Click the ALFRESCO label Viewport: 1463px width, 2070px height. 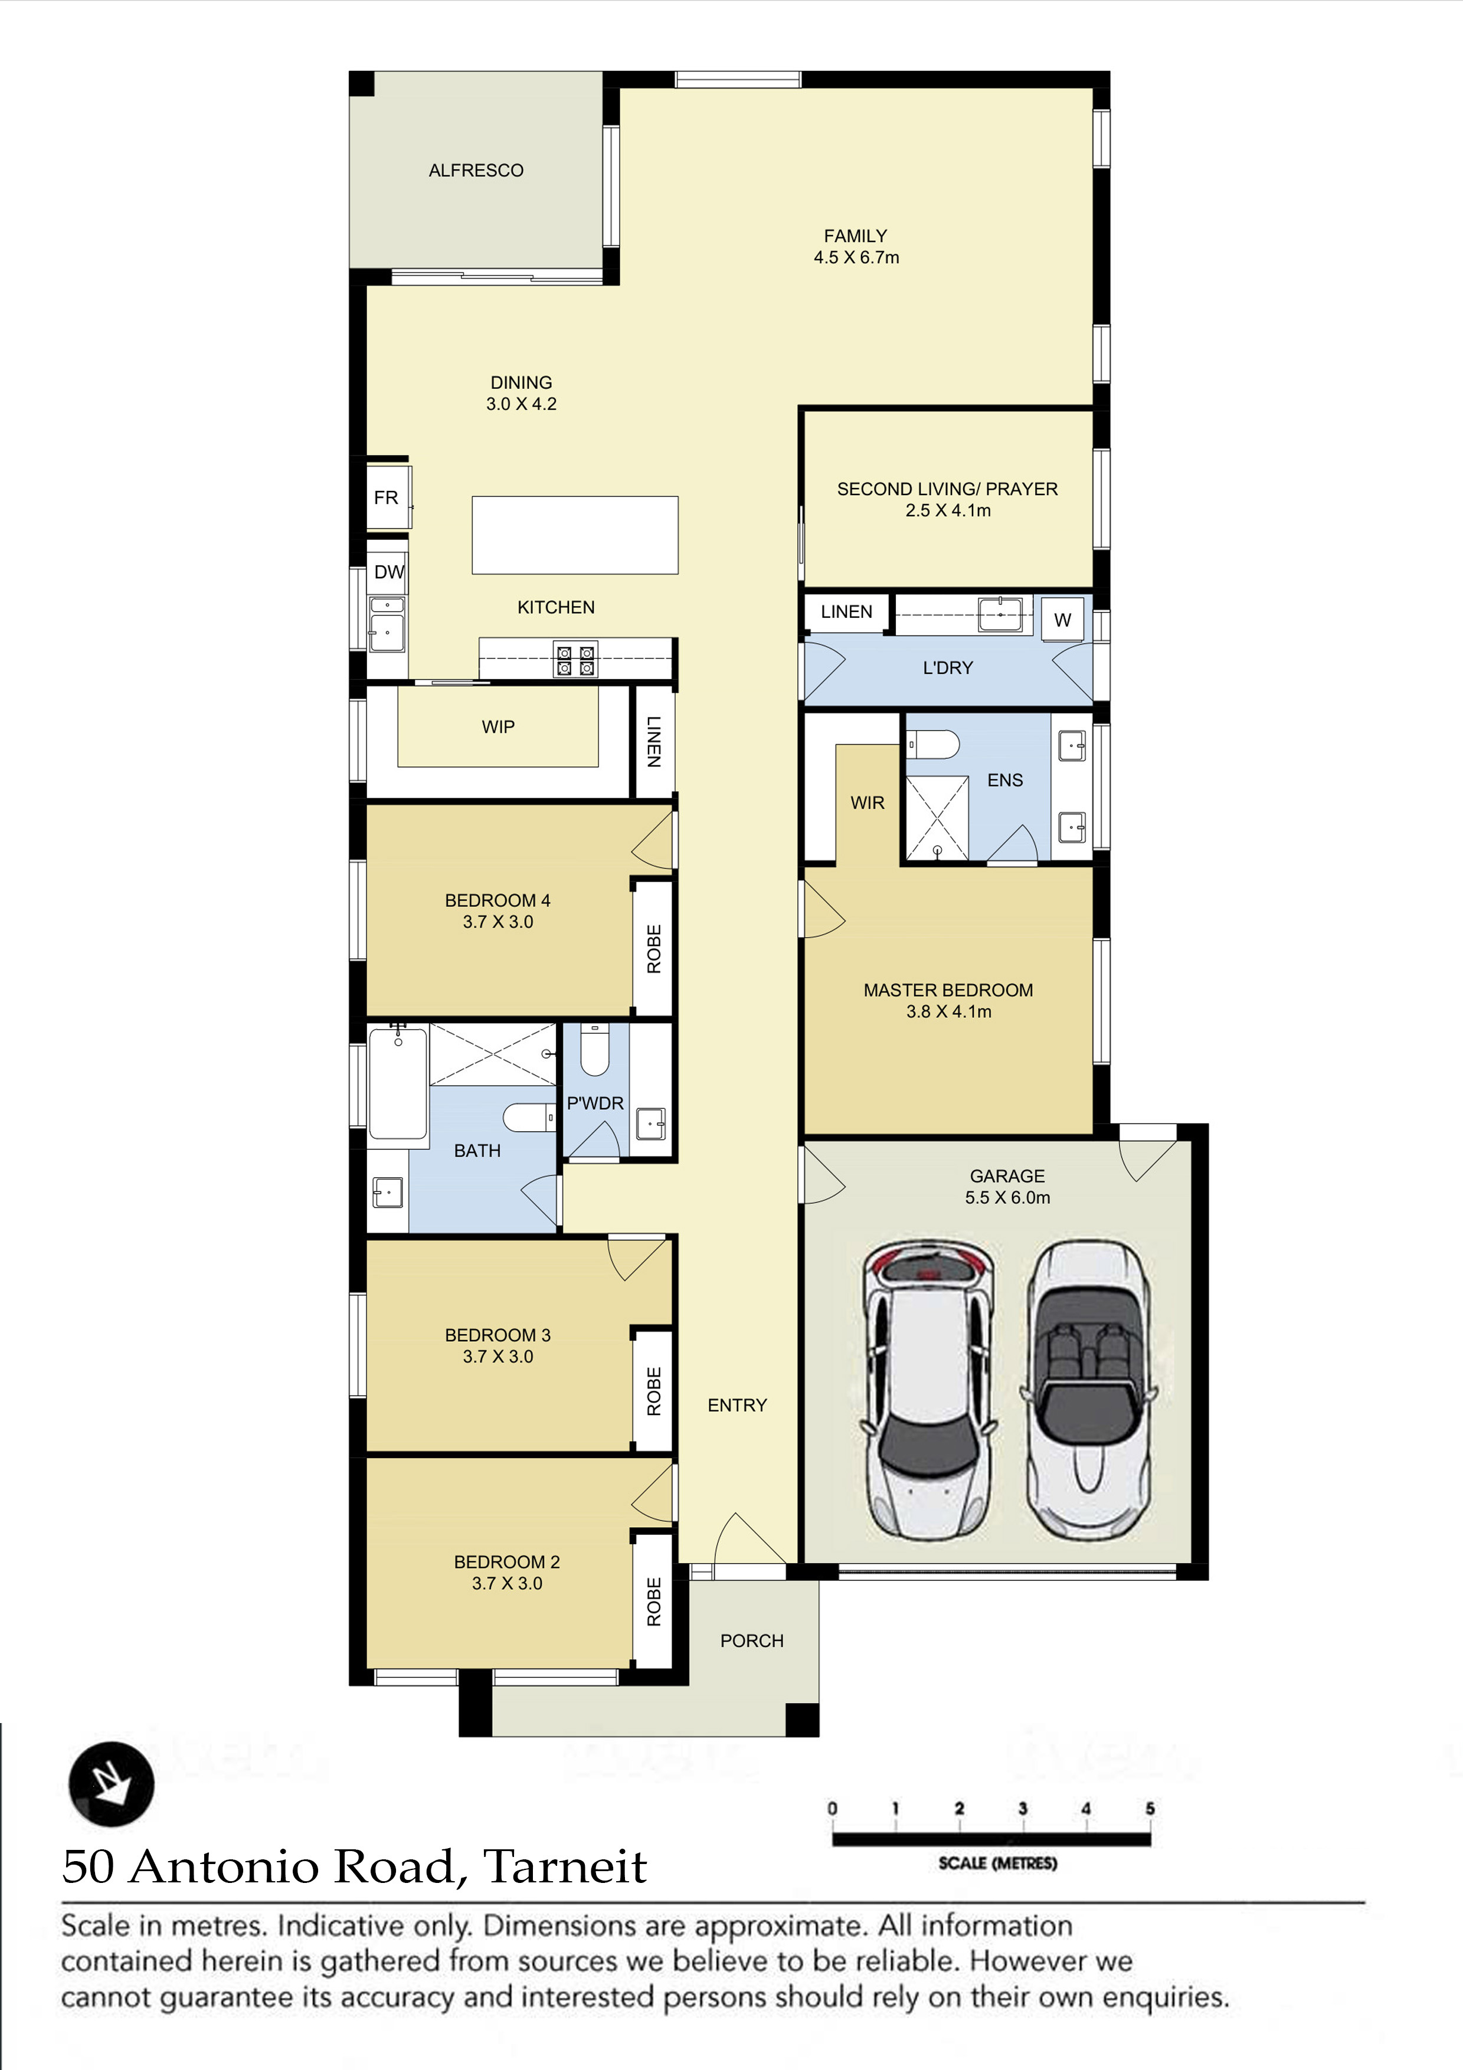pos(476,171)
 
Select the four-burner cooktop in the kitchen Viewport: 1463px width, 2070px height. pos(575,660)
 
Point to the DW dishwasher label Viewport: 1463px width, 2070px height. pos(390,572)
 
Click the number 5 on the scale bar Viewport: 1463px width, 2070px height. pos(1150,1809)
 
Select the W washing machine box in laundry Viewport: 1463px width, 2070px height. pos(1063,620)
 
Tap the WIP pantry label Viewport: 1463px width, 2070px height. pos(499,726)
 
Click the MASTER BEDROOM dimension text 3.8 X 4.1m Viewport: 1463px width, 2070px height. pos(949,1011)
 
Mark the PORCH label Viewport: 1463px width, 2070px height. pos(752,1641)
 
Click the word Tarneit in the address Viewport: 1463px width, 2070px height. pos(566,1866)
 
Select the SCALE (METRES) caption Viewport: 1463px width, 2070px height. pos(997,1863)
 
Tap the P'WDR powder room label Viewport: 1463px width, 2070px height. pos(595,1103)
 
